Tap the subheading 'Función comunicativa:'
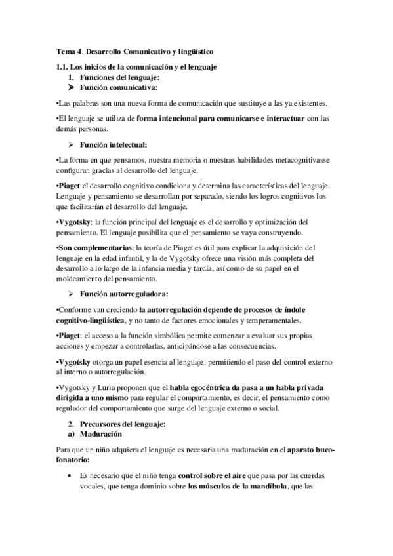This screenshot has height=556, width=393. [x=118, y=87]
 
